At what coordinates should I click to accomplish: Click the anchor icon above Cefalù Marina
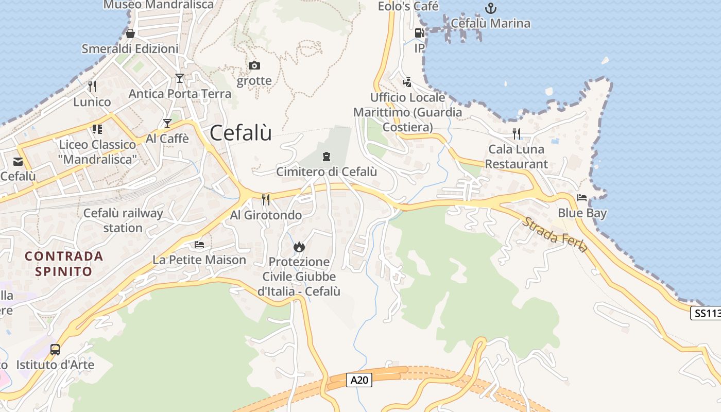(x=491, y=8)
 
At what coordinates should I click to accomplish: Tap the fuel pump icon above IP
(x=419, y=33)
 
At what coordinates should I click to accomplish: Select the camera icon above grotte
(x=254, y=66)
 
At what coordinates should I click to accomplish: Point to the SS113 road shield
(x=705, y=313)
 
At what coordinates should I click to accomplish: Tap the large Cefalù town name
(x=241, y=133)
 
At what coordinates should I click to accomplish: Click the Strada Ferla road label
(x=555, y=234)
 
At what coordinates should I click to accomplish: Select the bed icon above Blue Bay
(x=582, y=198)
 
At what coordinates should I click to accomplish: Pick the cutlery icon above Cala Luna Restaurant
(x=517, y=134)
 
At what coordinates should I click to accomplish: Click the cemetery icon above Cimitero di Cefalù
(x=326, y=156)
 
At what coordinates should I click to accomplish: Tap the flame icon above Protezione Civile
(x=299, y=247)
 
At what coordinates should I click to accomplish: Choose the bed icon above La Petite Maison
(x=199, y=244)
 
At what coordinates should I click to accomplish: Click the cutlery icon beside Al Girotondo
(x=266, y=199)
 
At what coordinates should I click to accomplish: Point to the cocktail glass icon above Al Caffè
(x=167, y=123)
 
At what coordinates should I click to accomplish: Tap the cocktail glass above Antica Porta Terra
(x=179, y=78)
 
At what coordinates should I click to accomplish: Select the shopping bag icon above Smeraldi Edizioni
(x=130, y=33)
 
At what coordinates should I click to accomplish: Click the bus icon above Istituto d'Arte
(x=55, y=350)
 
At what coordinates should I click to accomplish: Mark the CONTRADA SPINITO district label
(x=64, y=263)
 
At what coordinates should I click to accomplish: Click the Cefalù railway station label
(x=123, y=220)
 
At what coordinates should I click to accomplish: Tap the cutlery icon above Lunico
(x=92, y=86)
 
